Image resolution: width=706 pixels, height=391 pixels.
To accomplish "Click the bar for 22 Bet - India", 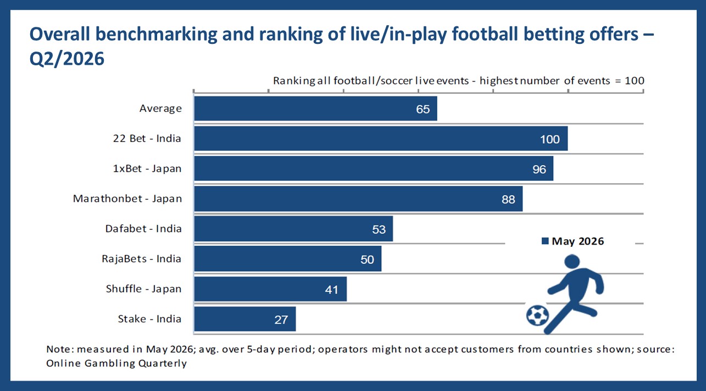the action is click(381, 138).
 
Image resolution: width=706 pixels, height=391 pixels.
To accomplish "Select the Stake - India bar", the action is click(245, 319).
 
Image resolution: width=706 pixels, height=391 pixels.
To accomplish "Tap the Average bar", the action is click(315, 109).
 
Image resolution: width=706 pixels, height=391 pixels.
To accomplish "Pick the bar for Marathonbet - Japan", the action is click(358, 199).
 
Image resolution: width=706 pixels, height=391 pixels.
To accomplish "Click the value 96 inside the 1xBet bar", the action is click(539, 169).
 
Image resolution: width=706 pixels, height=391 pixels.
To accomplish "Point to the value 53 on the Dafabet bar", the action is click(379, 230).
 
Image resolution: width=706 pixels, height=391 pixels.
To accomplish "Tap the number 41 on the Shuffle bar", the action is click(331, 290).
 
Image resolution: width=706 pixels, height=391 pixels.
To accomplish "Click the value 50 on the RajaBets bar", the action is click(367, 260).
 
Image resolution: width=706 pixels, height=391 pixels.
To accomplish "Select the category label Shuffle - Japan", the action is click(144, 289).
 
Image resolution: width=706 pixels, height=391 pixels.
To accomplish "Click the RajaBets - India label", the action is click(142, 259).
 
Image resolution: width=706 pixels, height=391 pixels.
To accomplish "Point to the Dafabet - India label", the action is click(143, 229).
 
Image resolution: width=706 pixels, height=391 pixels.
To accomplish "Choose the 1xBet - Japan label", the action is click(147, 168).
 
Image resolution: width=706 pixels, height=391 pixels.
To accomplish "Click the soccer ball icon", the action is click(537, 315).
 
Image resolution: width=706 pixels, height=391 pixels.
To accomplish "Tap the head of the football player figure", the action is click(572, 262).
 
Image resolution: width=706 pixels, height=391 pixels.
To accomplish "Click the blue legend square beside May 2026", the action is click(545, 241).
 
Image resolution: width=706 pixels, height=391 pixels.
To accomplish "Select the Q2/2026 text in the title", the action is click(67, 59).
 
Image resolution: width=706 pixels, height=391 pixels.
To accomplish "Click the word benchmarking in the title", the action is click(157, 34).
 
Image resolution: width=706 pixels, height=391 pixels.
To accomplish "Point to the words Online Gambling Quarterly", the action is click(116, 364).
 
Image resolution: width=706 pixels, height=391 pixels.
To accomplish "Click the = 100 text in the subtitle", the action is click(630, 81).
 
